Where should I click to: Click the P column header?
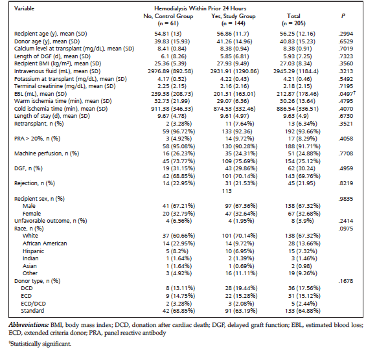click(x=343, y=16)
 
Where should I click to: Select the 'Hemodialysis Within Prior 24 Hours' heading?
click(x=200, y=8)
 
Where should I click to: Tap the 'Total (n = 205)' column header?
click(x=293, y=19)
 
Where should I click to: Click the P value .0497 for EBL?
click(x=347, y=93)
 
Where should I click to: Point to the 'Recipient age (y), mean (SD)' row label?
click(x=51, y=34)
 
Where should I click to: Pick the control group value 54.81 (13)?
click(x=168, y=34)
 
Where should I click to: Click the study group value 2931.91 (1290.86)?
click(x=234, y=71)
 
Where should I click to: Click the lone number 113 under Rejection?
click(x=227, y=191)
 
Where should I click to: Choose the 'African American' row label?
click(x=45, y=243)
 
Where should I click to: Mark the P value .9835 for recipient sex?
click(x=346, y=199)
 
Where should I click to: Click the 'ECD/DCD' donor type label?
click(x=34, y=304)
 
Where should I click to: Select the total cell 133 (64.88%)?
click(x=303, y=311)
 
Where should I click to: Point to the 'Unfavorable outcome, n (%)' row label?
click(x=51, y=221)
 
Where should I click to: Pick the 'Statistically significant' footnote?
click(x=40, y=344)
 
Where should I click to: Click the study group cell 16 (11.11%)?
click(x=242, y=273)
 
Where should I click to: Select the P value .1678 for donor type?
click(x=346, y=281)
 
